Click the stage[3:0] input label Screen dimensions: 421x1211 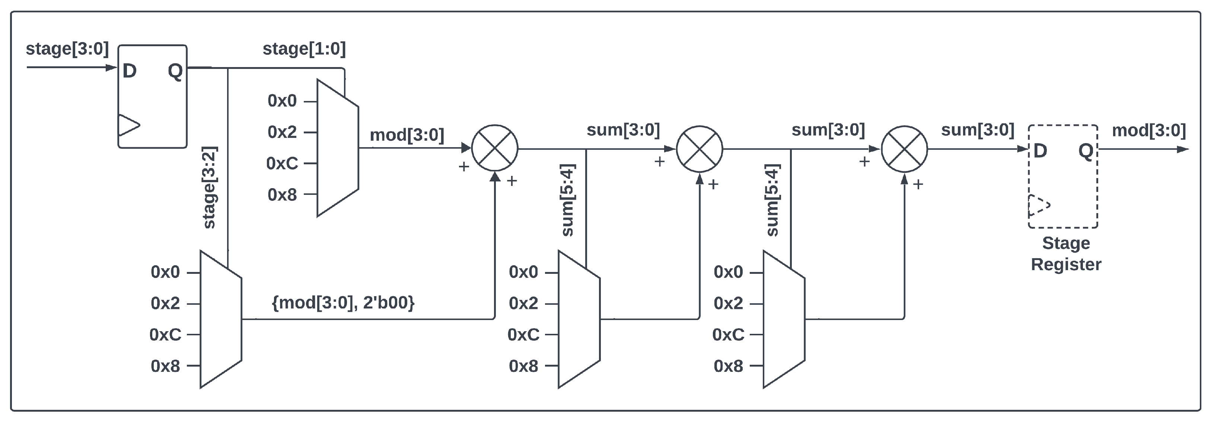pyautogui.click(x=67, y=48)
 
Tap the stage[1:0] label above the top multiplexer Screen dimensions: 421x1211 pyautogui.click(x=304, y=48)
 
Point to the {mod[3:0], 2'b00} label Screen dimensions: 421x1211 pyautogui.click(x=343, y=302)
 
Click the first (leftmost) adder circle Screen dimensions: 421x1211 pyautogui.click(x=494, y=148)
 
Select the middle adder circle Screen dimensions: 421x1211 pyautogui.click(x=699, y=149)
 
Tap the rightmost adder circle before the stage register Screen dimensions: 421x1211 pyautogui.click(x=904, y=149)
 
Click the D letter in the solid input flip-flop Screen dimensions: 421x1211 pyautogui.click(x=129, y=71)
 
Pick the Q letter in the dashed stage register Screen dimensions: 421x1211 pyautogui.click(x=1086, y=151)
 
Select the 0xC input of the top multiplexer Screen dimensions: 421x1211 pyautogui.click(x=282, y=163)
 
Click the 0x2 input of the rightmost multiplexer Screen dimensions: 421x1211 pyautogui.click(x=728, y=303)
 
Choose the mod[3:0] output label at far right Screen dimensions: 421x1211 pyautogui.click(x=1148, y=130)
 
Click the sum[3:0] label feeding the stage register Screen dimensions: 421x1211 pyautogui.click(x=977, y=130)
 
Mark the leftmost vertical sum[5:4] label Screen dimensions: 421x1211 pyautogui.click(x=568, y=200)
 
